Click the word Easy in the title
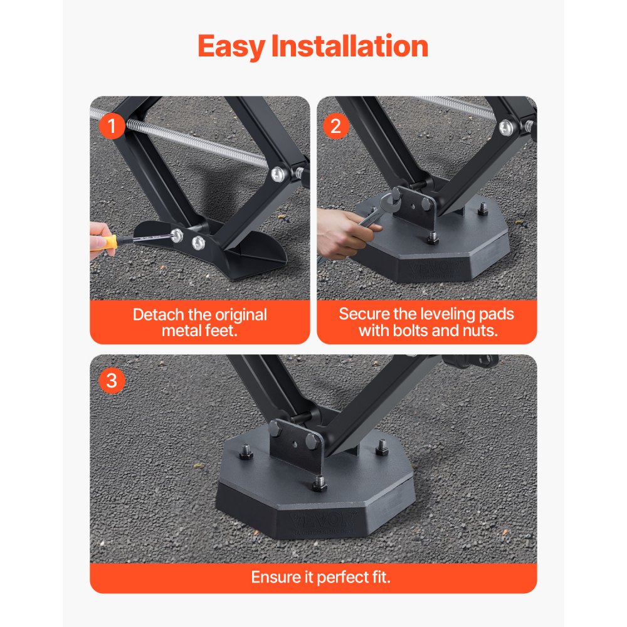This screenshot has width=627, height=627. (x=231, y=48)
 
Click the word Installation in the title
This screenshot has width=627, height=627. (x=350, y=46)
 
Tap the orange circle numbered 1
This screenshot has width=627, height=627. (x=112, y=127)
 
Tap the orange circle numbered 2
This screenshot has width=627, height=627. (x=335, y=127)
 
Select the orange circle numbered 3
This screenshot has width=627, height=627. (x=112, y=381)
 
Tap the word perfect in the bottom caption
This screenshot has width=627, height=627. (x=339, y=577)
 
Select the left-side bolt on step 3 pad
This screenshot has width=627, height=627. (x=246, y=452)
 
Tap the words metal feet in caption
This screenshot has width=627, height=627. (x=199, y=330)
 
